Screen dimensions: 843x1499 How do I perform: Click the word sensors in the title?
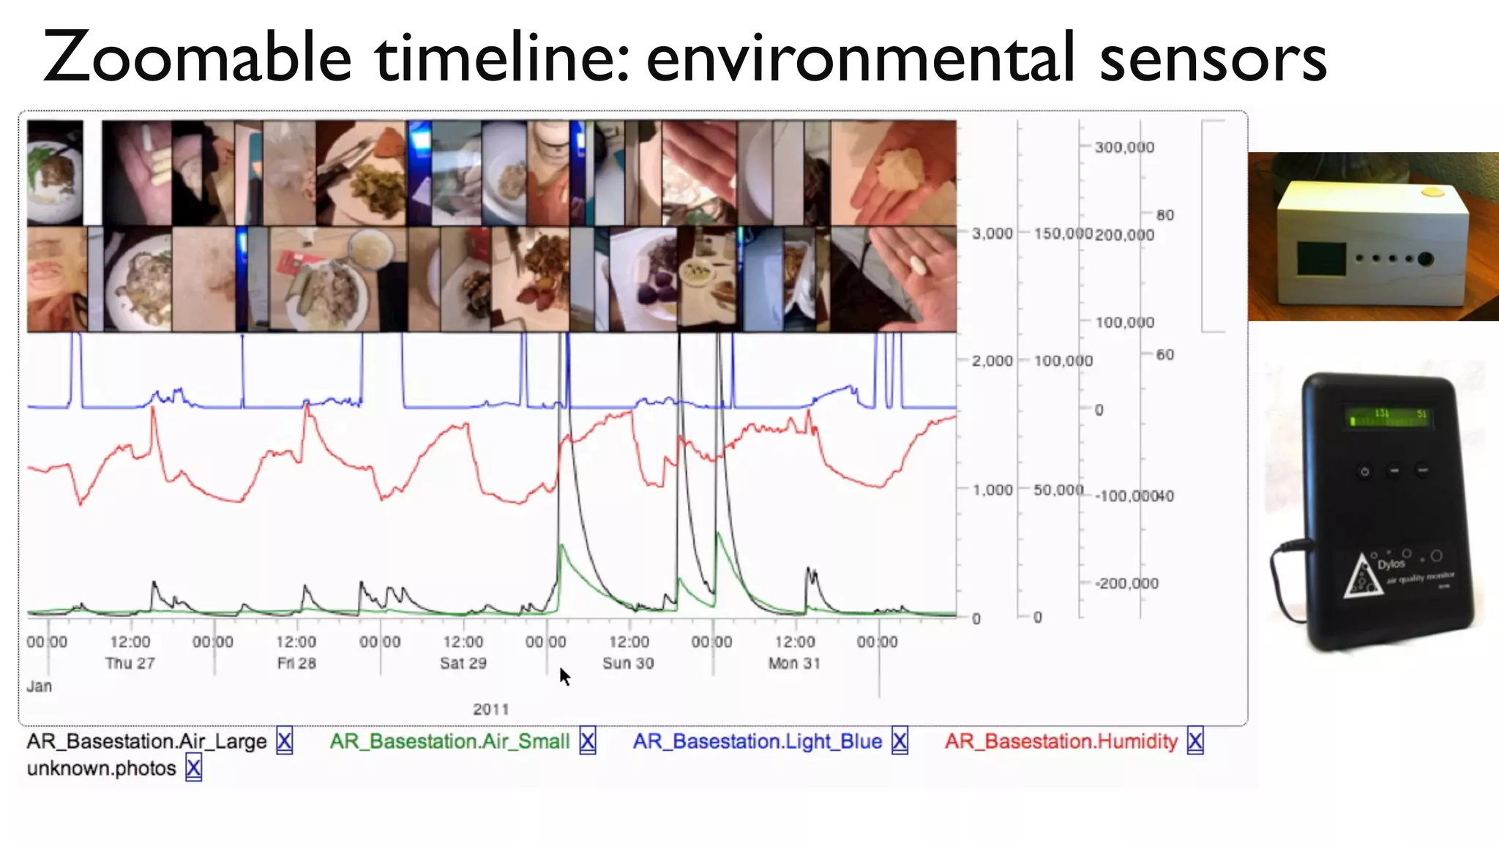(x=1213, y=59)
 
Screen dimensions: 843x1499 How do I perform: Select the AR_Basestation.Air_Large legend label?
(x=146, y=741)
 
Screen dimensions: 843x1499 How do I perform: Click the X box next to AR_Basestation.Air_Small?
(x=587, y=741)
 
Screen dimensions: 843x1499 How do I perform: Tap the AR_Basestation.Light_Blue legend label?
(x=757, y=741)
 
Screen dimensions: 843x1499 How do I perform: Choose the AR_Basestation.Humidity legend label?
(x=1061, y=741)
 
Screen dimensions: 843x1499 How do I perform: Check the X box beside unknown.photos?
(x=193, y=768)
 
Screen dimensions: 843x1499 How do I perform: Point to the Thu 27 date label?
(x=130, y=663)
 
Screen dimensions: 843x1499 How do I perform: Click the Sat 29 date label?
(x=463, y=663)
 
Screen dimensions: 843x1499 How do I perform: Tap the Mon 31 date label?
(x=794, y=663)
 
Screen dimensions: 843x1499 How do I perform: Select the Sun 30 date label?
(x=628, y=663)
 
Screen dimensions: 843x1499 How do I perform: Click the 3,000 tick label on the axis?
(x=992, y=233)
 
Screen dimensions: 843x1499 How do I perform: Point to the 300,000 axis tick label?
(x=1124, y=147)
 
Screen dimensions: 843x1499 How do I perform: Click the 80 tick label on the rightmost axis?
(x=1165, y=215)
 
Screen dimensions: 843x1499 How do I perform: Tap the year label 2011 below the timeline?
(x=490, y=709)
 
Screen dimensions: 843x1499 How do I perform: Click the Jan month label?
(x=40, y=686)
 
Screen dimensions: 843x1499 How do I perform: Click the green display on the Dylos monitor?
(x=1388, y=417)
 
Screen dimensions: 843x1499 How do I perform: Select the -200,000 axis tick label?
(x=1126, y=583)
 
